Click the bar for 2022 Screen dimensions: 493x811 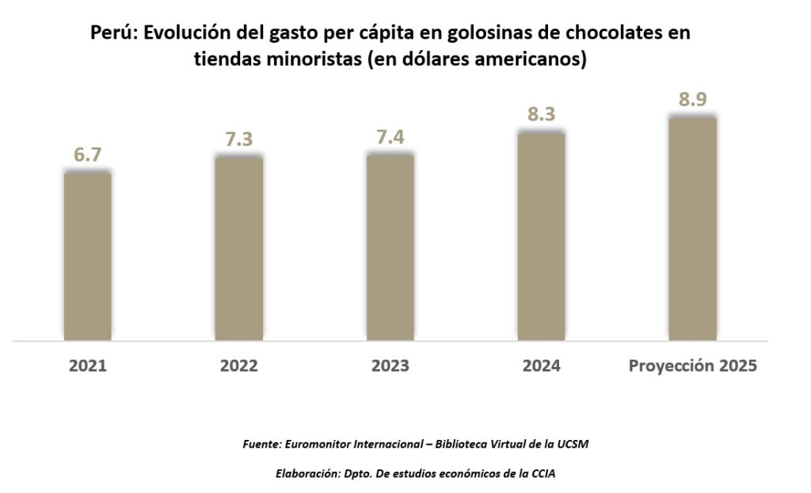pos(238,249)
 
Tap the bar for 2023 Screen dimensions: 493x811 pos(390,247)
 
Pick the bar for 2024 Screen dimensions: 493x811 pos(541,236)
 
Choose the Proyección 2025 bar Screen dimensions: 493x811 pos(692,229)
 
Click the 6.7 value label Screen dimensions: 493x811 pos(87,155)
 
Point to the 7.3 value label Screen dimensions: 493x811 pos(238,139)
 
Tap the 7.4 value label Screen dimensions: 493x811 pos(390,137)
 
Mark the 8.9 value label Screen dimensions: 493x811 pos(693,100)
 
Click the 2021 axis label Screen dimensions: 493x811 pos(87,366)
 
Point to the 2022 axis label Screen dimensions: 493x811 pos(238,366)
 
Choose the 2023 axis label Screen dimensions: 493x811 pos(390,366)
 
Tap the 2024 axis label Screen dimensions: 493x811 pos(541,366)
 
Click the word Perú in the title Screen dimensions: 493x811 pos(109,34)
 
